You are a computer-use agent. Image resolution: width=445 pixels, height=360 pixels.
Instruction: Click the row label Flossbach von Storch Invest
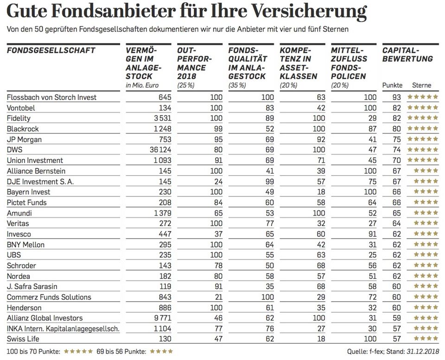[x=52, y=97]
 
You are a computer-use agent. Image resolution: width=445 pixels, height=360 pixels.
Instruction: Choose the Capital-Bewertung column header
[x=407, y=55]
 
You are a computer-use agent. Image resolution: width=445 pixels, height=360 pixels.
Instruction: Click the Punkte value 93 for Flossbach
[x=397, y=97]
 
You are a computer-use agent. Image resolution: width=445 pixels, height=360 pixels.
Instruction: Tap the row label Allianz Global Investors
[x=44, y=318]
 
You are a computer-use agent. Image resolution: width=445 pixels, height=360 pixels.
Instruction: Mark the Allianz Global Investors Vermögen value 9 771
[x=162, y=318]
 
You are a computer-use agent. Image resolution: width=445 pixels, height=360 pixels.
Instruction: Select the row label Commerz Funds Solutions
[x=49, y=297]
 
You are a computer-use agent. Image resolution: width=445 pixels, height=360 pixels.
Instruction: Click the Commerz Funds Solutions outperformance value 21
[x=218, y=297]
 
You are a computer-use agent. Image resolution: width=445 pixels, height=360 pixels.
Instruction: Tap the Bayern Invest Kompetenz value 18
[x=321, y=192]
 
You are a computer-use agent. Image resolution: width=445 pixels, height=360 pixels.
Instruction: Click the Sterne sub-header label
[x=421, y=85]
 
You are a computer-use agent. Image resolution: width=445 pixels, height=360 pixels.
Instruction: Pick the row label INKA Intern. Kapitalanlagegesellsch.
[x=64, y=328]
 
